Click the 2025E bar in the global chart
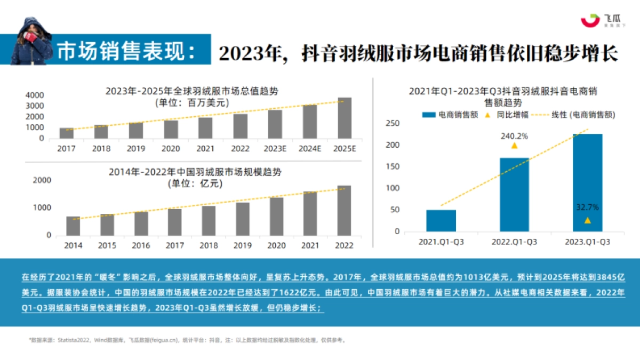(345, 118)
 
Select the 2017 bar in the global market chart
(67, 133)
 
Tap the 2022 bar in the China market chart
(344, 210)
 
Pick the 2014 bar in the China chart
(73, 226)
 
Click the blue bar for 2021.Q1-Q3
(441, 220)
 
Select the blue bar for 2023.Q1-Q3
(587, 182)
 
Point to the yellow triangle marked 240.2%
(514, 146)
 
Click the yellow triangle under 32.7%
(587, 220)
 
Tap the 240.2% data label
(514, 136)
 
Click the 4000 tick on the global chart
(35, 95)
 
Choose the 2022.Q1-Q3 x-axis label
(514, 242)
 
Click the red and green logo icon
(590, 20)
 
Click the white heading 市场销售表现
(126, 51)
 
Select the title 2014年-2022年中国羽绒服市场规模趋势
(195, 172)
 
